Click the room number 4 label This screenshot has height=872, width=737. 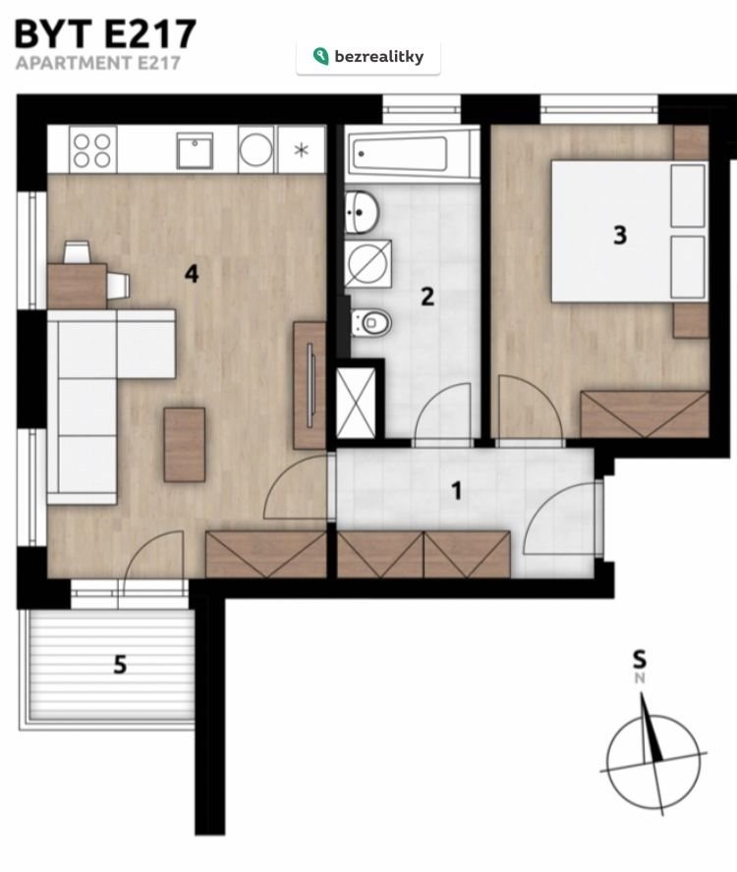click(192, 274)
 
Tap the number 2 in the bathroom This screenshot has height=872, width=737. click(426, 297)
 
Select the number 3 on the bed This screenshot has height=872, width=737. click(619, 235)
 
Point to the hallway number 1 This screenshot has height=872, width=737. click(457, 491)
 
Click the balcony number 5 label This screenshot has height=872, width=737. click(120, 665)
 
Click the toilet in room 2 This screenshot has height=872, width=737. click(371, 321)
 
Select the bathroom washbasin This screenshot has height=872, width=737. click(362, 212)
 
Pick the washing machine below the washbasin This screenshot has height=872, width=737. click(368, 263)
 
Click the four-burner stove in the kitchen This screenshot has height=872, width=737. click(92, 150)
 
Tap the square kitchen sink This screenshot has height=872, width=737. click(195, 150)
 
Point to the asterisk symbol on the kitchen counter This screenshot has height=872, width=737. click(301, 149)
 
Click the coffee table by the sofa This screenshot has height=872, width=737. click(185, 444)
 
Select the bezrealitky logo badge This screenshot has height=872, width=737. click(368, 57)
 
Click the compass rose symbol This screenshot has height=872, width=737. click(653, 758)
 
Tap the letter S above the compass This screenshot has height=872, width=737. click(640, 659)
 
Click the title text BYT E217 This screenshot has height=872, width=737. click(105, 34)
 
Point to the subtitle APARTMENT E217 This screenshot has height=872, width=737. click(98, 63)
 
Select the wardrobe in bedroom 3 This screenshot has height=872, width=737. click(645, 414)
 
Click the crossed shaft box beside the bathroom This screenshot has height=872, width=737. click(357, 403)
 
